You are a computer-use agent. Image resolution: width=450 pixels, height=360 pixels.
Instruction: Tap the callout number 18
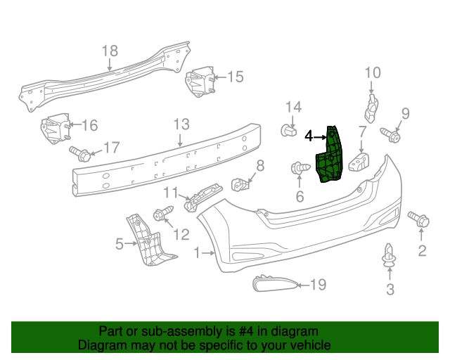click(110, 51)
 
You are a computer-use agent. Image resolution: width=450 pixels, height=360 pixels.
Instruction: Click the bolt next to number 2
click(418, 219)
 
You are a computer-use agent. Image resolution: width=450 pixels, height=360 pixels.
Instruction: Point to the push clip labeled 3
click(389, 258)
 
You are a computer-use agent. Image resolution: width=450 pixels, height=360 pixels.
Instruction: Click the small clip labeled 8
click(241, 185)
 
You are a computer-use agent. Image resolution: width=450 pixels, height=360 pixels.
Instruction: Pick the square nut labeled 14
click(287, 130)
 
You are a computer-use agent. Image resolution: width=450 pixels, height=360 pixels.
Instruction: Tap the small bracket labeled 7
click(360, 162)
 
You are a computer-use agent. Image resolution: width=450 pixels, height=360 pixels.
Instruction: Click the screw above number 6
click(301, 169)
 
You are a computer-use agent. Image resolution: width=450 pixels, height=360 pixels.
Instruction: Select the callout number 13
click(181, 124)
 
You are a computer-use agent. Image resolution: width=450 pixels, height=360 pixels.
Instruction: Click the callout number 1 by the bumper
click(198, 252)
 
